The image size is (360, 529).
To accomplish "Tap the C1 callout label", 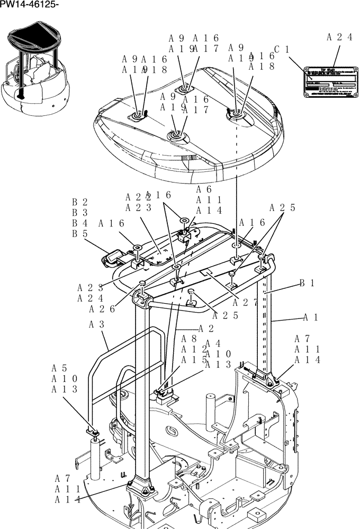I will [x=292, y=50].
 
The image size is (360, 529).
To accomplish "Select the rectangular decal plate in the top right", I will [x=328, y=82].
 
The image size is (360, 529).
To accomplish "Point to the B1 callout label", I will [x=309, y=284].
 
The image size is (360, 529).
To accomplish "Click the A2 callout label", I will [x=206, y=329].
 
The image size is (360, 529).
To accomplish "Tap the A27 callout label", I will [x=244, y=302].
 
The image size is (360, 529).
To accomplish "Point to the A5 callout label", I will [x=59, y=368].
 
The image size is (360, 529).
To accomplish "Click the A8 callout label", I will [x=189, y=339].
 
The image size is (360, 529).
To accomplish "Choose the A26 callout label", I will [x=100, y=308].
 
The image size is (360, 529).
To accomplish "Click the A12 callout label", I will [x=189, y=350].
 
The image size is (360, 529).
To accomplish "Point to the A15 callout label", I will [x=189, y=360].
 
